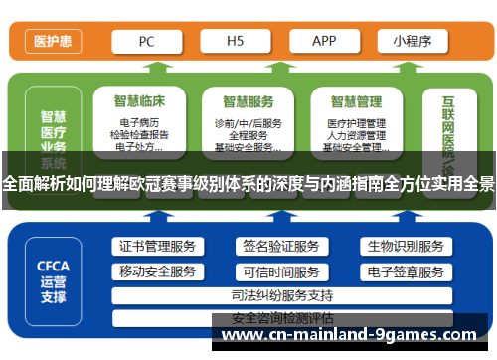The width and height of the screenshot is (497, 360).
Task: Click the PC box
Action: (146, 42)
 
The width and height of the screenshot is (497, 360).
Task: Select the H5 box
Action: (236, 42)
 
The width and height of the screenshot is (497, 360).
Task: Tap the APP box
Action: (324, 42)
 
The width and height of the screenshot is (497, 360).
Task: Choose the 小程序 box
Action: (412, 42)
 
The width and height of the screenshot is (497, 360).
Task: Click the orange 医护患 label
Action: (52, 42)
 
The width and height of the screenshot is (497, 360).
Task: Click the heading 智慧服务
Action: (248, 100)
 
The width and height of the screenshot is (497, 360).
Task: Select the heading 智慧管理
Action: (355, 100)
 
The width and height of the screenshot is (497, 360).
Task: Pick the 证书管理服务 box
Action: (156, 246)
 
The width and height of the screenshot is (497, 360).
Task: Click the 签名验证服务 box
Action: (280, 246)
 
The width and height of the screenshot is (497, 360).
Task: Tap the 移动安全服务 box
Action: (156, 271)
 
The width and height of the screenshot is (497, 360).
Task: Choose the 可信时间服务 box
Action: (280, 271)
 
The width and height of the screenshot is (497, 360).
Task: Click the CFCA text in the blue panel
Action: (53, 266)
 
